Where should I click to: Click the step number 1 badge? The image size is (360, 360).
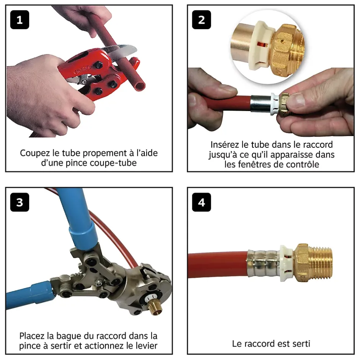pos(20,20)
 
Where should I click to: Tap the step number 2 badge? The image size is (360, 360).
pos(201,20)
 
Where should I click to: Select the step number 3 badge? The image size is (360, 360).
pos(20,202)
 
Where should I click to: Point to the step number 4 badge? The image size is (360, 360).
pos(201,202)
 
